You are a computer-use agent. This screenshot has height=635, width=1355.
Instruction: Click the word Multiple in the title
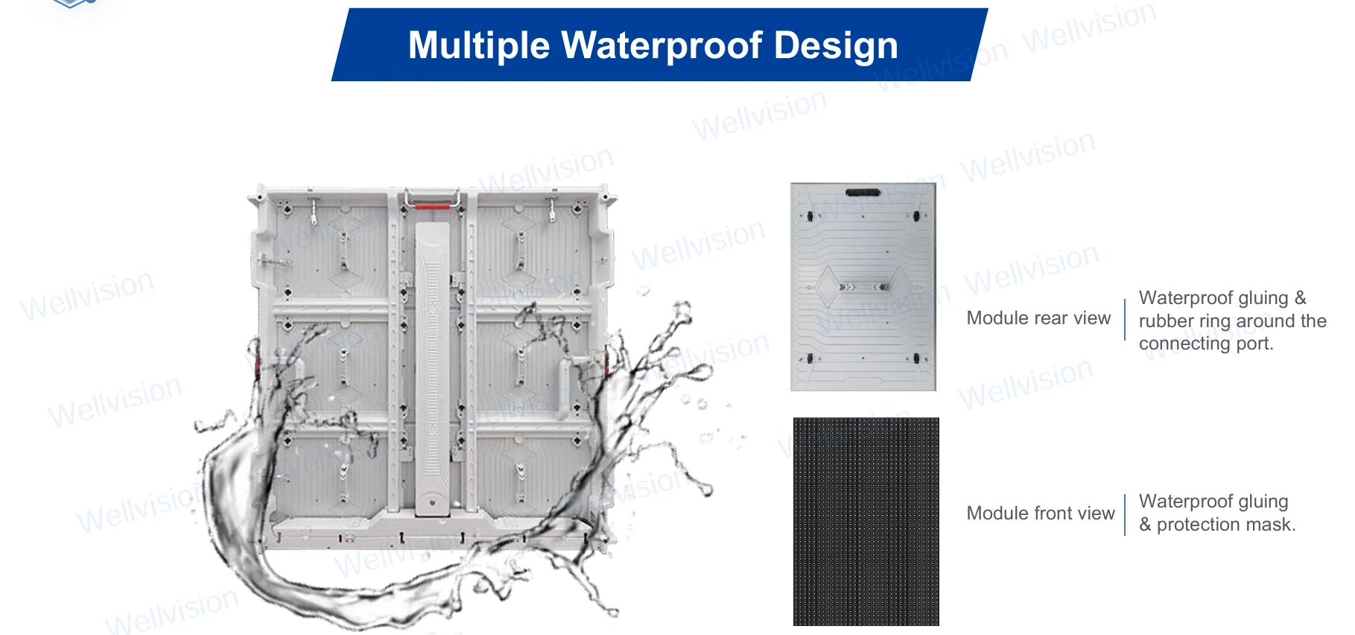[478, 45]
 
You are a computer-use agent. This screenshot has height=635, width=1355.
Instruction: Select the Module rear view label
[1038, 318]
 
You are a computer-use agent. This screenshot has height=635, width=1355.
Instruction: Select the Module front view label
[1040, 514]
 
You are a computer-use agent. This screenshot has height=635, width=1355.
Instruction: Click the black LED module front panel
[866, 521]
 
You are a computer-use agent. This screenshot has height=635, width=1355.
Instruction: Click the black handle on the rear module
[863, 192]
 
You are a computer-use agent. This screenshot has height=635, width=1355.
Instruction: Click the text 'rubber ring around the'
[1232, 321]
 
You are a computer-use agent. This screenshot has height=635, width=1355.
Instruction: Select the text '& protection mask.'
[1217, 525]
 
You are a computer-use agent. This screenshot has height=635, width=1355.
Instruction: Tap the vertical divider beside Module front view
[1125, 514]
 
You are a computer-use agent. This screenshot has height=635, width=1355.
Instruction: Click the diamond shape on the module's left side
[827, 286]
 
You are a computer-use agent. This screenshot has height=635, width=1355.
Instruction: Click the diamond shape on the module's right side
[899, 286]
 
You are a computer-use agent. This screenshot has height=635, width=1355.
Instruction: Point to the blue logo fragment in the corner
[72, 4]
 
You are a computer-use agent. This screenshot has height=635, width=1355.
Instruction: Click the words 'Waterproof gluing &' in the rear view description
[1222, 298]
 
